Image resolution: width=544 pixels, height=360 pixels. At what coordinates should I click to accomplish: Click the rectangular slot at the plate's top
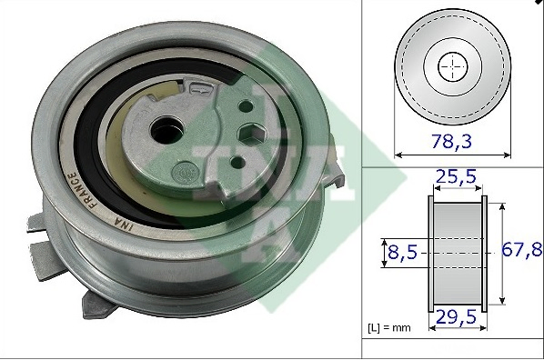(201, 88)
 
